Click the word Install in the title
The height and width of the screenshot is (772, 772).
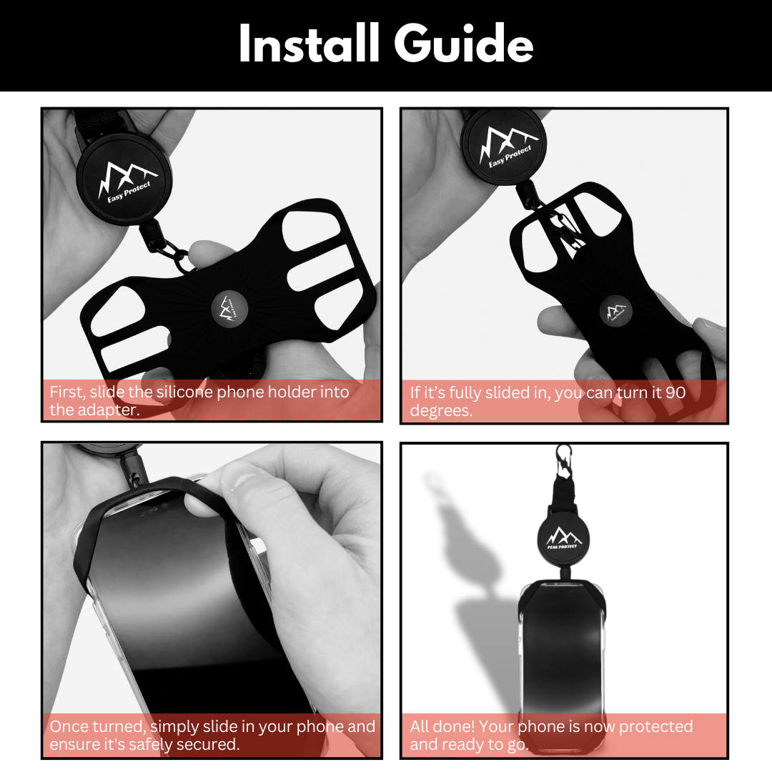(x=310, y=44)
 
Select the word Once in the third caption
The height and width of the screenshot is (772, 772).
(x=69, y=726)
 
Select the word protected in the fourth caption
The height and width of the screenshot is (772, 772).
(x=655, y=726)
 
